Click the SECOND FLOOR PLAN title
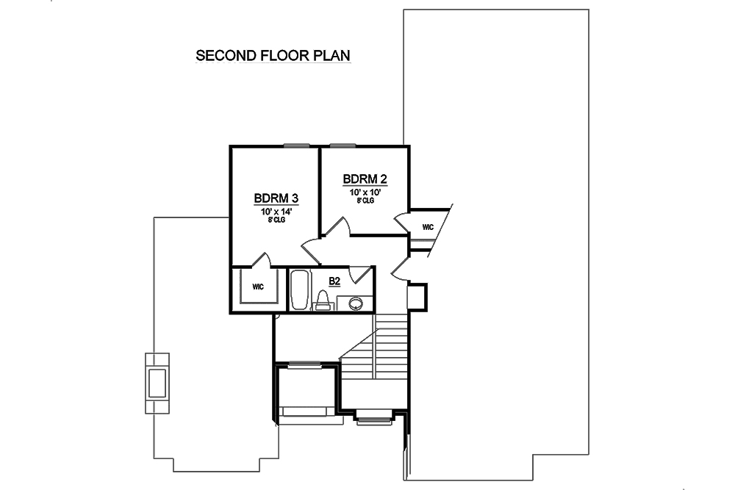pyautogui.click(x=272, y=56)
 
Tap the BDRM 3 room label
pyautogui.click(x=276, y=198)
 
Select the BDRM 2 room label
pyautogui.click(x=365, y=179)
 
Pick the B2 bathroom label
pyautogui.click(x=334, y=281)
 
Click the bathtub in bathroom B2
pyautogui.click(x=300, y=290)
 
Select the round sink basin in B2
pyautogui.click(x=356, y=303)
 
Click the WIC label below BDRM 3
pyautogui.click(x=258, y=286)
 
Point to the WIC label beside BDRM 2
pyautogui.click(x=428, y=227)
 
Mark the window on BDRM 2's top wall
pyautogui.click(x=343, y=145)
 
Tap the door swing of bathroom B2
pyautogui.click(x=359, y=275)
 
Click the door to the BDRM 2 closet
pyautogui.click(x=404, y=221)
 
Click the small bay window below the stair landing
pyautogui.click(x=374, y=419)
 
